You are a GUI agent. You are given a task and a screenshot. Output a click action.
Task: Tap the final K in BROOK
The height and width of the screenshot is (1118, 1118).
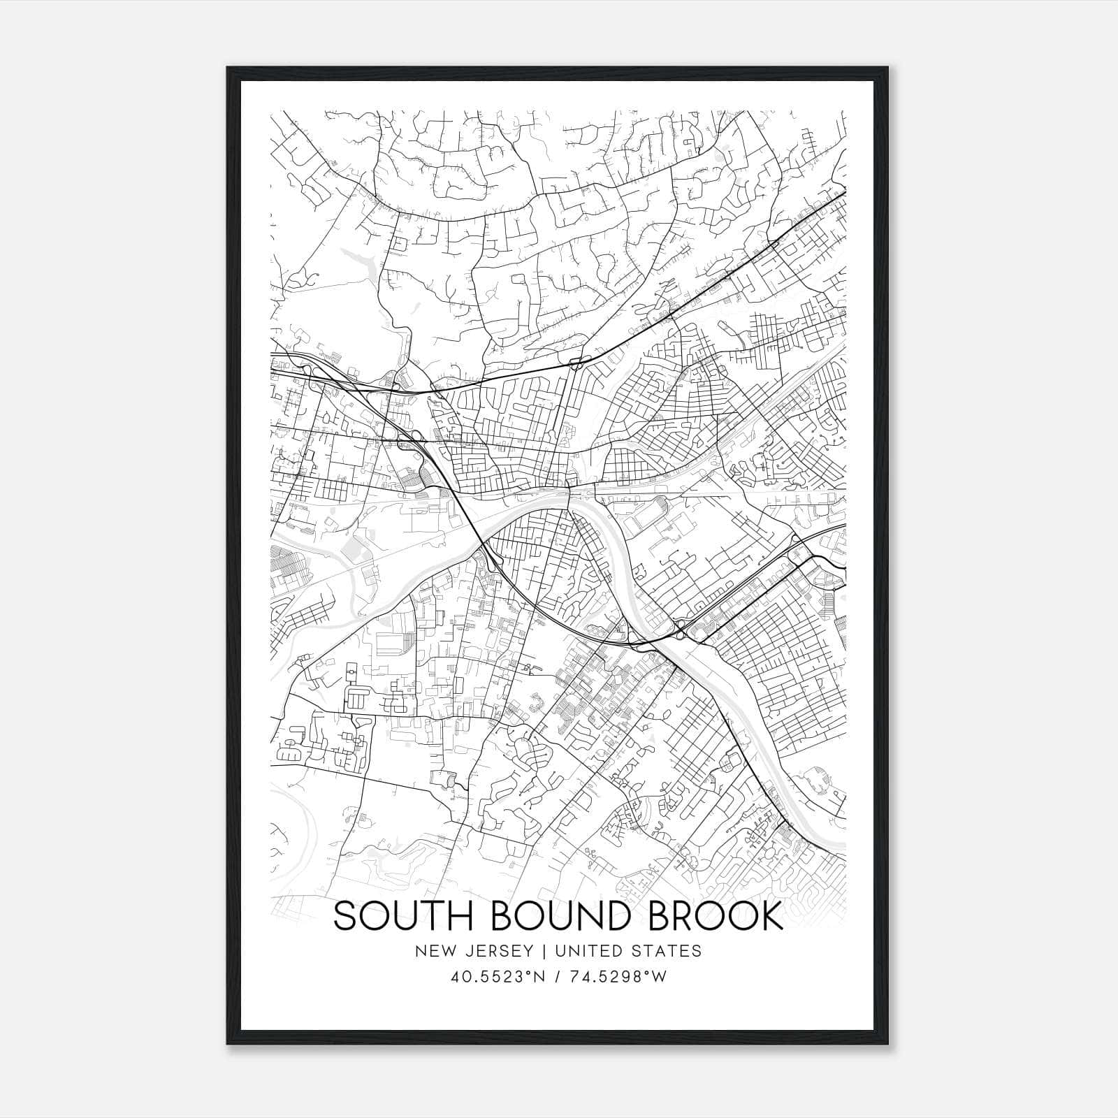(x=773, y=916)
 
